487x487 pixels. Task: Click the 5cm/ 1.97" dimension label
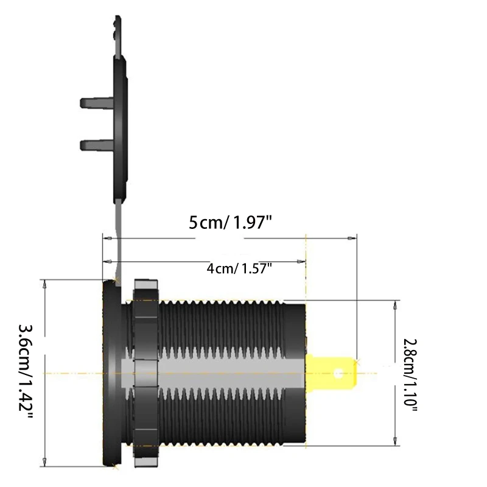(229, 223)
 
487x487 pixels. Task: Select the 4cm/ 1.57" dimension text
(239, 268)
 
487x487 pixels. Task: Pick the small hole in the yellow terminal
(340, 372)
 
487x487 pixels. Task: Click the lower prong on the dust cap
(94, 145)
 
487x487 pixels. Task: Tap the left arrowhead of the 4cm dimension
(107, 261)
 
